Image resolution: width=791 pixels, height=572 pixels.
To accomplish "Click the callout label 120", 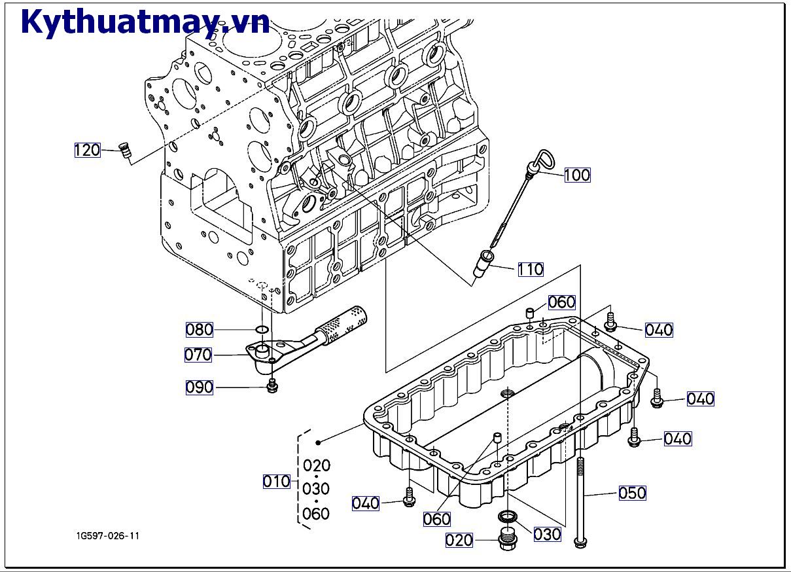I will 87,150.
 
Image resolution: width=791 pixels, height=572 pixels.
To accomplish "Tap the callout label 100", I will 577,175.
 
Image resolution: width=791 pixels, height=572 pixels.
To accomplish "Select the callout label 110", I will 530,269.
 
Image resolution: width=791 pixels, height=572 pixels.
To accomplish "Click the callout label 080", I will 199,329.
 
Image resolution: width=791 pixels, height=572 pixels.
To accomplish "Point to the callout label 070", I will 198,355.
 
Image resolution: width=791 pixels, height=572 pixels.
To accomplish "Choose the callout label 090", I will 199,387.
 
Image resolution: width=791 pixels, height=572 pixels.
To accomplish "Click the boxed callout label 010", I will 276,482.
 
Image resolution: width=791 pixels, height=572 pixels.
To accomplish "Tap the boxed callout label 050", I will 632,493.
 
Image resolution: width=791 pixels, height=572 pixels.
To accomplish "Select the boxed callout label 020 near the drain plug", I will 459,541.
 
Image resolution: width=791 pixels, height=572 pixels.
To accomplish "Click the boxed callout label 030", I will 547,534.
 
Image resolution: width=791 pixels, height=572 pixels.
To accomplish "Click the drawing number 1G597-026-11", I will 107,536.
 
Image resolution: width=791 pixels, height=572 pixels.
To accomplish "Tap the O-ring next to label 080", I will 261,329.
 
